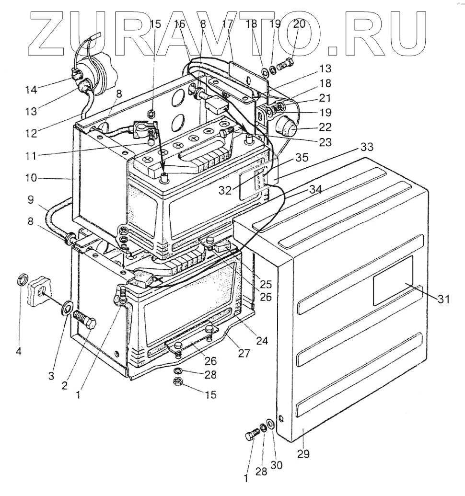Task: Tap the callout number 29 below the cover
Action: pos(303,452)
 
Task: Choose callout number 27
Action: pos(244,354)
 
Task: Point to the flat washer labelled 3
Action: pos(67,307)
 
